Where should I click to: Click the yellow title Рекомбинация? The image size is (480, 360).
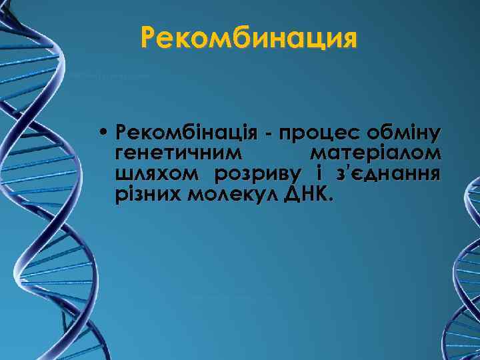coord(249,38)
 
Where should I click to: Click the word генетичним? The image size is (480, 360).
coord(175,153)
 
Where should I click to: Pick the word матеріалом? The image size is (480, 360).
coord(375,153)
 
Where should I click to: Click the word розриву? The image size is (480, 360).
coord(257,175)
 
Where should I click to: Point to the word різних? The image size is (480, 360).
coord(148,195)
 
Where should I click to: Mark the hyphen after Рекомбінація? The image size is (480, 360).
coord(266,133)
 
